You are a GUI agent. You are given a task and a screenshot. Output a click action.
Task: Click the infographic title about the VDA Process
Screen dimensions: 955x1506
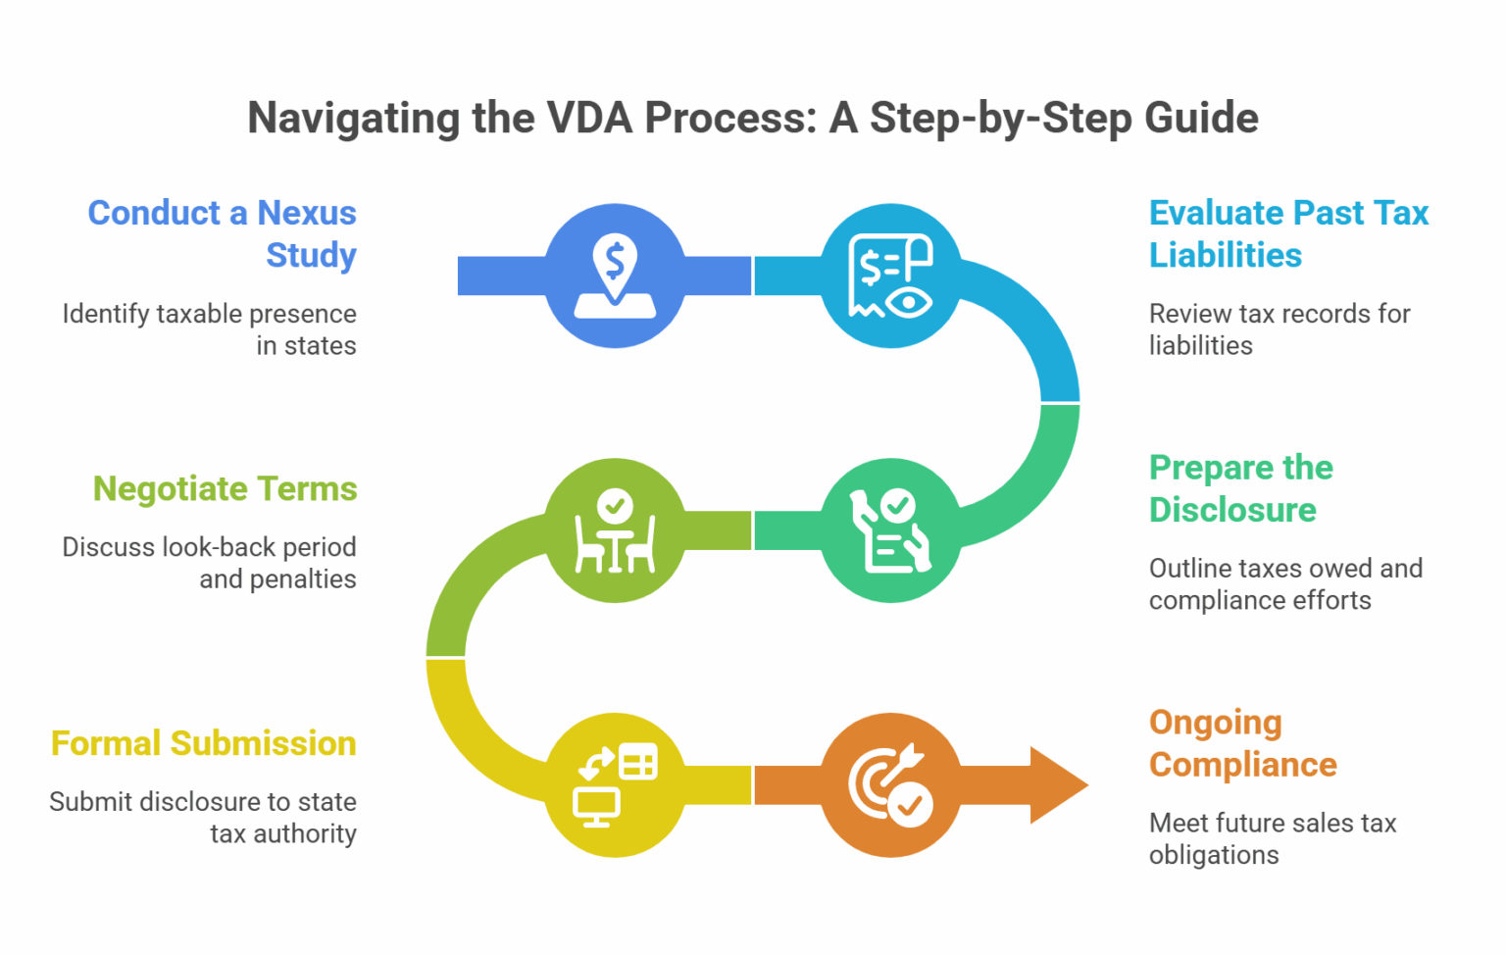pos(752,118)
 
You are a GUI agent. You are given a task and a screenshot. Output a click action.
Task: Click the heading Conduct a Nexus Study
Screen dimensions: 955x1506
pos(223,233)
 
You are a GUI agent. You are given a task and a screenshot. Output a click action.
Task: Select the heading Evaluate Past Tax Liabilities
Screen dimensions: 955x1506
pos(1287,233)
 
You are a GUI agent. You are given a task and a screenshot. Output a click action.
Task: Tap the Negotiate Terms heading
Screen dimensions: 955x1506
pos(225,488)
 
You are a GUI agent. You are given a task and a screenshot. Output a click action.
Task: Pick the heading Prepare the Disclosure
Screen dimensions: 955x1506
pos(1240,488)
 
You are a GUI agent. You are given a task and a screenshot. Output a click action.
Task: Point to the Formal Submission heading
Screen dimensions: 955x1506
pos(203,743)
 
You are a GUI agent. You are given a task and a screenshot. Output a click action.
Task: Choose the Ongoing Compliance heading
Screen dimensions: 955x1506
pos(1242,743)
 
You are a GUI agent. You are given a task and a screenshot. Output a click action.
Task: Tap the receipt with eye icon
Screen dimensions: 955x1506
pos(890,276)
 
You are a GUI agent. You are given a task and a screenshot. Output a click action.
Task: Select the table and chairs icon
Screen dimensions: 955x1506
pos(615,530)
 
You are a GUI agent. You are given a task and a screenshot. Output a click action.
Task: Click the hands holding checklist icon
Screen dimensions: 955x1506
pos(890,530)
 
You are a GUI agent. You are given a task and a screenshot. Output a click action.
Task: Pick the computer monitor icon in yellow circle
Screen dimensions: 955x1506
pos(615,785)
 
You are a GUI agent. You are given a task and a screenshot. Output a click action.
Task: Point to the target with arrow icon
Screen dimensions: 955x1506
pos(890,785)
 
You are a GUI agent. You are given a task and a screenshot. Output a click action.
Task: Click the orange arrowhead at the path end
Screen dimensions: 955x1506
pos(1057,784)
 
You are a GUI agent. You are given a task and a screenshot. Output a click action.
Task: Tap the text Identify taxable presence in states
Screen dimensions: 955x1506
pos(210,329)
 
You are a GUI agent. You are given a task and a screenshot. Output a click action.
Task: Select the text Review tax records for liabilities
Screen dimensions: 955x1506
pos(1279,329)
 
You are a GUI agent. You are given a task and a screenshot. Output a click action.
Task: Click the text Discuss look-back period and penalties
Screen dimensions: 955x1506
pos(210,563)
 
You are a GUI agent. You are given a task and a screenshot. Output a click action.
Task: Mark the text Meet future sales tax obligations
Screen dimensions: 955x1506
pos(1272,838)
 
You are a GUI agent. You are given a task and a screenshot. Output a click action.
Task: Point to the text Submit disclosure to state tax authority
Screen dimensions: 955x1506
pos(203,818)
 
